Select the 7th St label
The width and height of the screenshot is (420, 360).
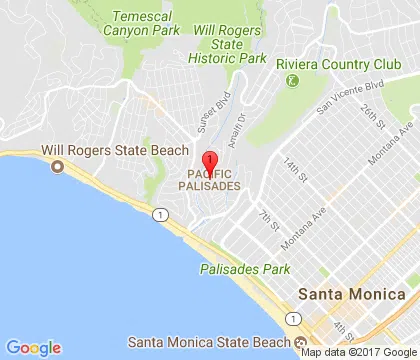(x=266, y=217)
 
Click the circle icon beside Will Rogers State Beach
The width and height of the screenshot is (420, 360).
(x=57, y=166)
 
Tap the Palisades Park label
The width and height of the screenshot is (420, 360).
(x=244, y=269)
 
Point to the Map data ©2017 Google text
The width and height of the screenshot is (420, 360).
(x=359, y=352)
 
